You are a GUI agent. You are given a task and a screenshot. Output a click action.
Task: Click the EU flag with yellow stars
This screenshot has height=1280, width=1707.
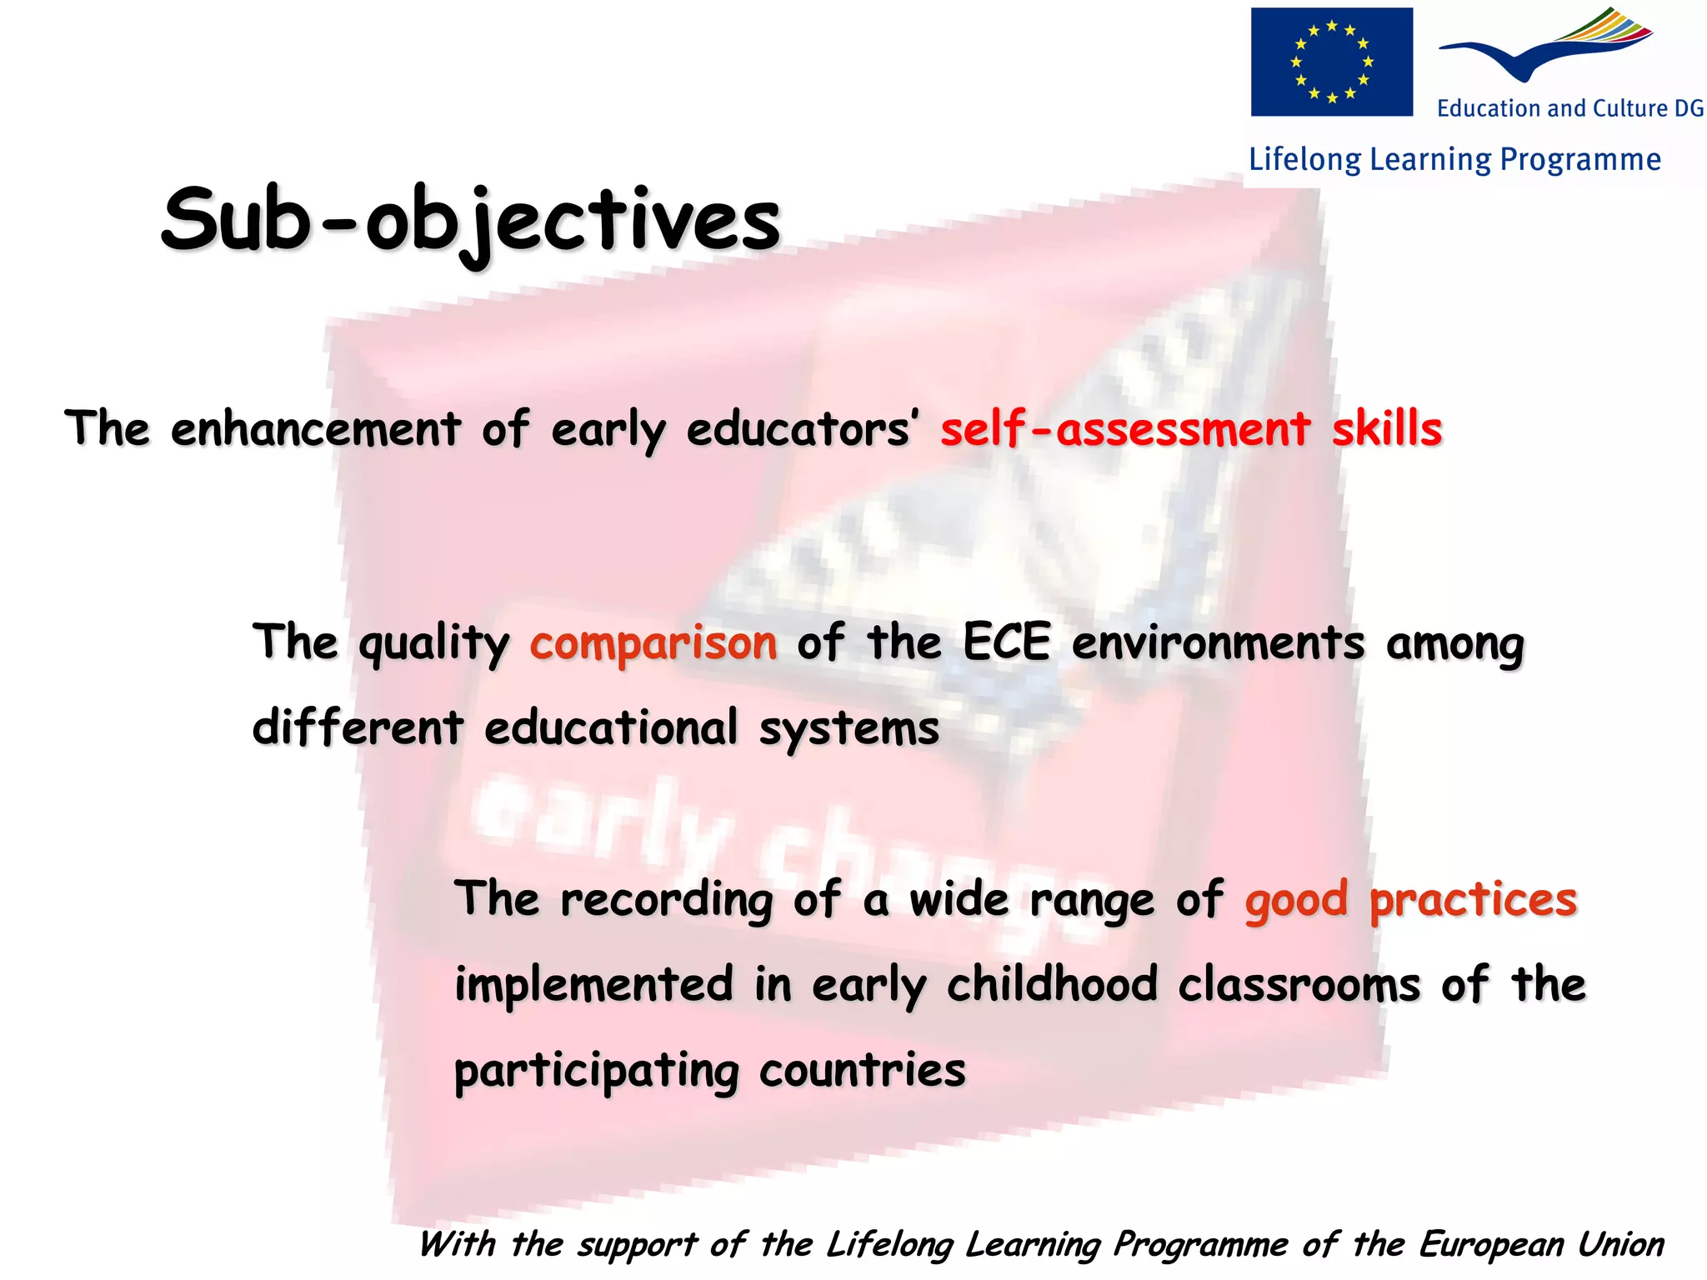1331,62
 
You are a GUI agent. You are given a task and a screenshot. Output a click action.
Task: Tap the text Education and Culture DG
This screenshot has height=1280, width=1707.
1570,108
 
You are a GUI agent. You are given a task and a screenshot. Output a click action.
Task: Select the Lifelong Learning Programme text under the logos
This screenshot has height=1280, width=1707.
1454,159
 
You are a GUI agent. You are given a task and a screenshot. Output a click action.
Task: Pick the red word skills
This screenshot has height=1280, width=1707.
1387,429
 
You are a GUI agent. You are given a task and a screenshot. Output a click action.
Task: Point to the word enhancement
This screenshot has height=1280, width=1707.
315,429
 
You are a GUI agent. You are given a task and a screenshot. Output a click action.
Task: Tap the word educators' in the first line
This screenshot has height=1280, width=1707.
803,429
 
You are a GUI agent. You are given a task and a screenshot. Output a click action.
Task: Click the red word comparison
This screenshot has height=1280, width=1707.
653,644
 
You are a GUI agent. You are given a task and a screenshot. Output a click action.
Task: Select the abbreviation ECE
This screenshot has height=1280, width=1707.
1006,642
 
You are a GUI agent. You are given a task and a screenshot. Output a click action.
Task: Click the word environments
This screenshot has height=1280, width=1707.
1218,644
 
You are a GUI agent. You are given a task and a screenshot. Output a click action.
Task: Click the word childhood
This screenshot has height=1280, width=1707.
1052,985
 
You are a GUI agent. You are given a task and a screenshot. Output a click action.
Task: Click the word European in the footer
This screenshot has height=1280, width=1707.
1490,1245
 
